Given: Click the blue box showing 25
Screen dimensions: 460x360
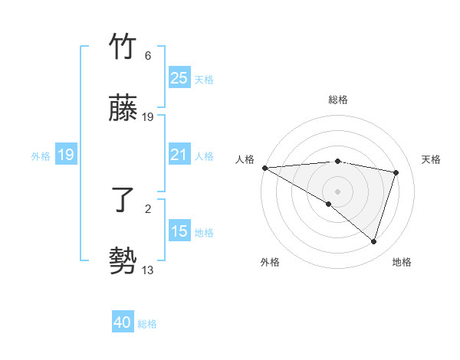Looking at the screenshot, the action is [179, 78].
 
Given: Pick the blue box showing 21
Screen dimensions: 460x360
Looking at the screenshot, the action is [179, 155].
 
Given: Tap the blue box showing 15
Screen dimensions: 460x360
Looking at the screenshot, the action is [179, 232].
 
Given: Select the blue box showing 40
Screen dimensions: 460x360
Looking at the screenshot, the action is [123, 323].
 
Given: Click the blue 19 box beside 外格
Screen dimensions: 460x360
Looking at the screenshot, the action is [66, 155].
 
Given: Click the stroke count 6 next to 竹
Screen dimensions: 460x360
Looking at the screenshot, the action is [148, 56].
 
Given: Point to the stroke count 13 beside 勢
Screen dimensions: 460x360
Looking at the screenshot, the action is [148, 270].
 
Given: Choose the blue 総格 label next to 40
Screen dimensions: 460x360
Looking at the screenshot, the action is [147, 324].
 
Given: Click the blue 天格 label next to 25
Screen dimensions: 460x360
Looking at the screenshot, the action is [204, 79].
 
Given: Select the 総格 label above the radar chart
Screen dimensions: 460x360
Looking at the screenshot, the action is [338, 100].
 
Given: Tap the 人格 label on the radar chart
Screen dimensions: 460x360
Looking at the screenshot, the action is [245, 159].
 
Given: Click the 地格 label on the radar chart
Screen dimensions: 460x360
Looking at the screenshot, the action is [402, 262].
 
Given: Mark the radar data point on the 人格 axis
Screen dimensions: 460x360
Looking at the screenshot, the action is [264, 168].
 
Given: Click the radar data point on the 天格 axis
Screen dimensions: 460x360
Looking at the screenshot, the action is [396, 172].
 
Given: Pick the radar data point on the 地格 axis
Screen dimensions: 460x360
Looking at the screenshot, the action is [373, 242].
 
